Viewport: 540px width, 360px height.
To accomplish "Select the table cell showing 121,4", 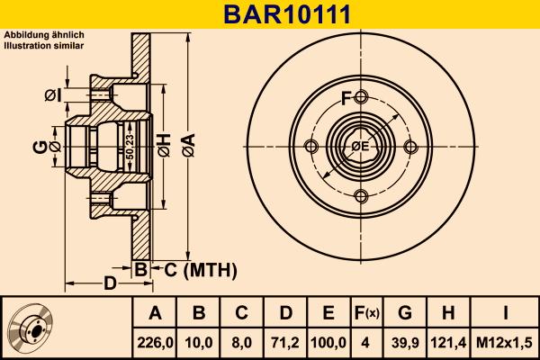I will pos(448,343).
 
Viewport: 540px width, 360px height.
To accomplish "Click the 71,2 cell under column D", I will pos(284,343).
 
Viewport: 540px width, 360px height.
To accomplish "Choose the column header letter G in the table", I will pos(405,313).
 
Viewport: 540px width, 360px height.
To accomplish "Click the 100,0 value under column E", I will pos(328,343).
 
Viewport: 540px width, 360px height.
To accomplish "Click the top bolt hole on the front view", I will pos(361,97).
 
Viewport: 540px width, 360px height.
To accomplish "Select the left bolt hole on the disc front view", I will pos(311,147).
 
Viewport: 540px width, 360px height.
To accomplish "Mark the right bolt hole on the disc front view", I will pos(410,147).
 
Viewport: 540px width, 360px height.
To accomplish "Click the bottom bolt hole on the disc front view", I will pos(361,196).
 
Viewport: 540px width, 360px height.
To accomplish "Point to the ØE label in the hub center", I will pos(360,147).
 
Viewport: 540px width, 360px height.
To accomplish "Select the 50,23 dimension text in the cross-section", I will pos(130,147).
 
